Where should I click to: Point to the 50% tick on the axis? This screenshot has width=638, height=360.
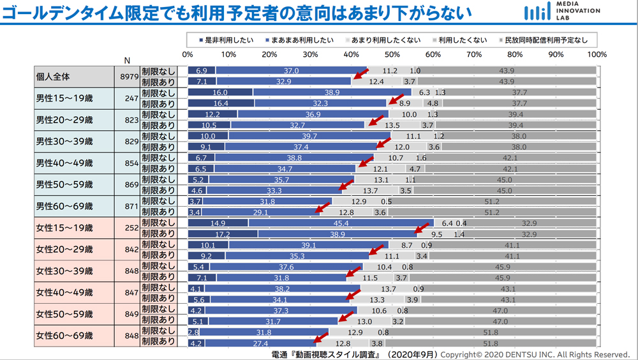[392, 55]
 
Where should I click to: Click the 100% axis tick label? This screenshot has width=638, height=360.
[597, 55]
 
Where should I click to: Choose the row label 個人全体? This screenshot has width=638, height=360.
[53, 77]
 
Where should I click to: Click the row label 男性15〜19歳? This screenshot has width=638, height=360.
[64, 98]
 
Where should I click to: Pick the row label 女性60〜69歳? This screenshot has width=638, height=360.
[64, 336]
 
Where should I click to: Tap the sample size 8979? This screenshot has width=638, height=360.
[127, 77]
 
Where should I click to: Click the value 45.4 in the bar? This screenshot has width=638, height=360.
[341, 223]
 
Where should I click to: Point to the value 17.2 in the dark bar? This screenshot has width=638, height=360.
[223, 234]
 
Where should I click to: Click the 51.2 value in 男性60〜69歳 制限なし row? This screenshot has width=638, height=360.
[492, 201]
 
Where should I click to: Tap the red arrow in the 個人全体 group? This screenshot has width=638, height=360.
[361, 75]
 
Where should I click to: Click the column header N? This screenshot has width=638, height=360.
[127, 61]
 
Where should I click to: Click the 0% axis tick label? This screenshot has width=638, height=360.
[188, 55]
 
